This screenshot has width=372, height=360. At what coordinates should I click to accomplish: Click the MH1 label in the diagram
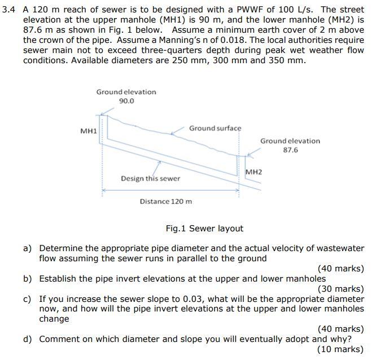click(89, 131)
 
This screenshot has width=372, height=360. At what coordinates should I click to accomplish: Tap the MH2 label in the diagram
click(254, 171)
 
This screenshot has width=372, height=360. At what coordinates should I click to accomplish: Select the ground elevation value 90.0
click(126, 101)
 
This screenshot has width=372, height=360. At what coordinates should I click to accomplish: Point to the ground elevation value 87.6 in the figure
click(290, 150)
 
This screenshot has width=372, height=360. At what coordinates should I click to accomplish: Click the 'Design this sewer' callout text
click(150, 178)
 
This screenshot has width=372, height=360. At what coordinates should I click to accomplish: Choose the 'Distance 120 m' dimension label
click(166, 201)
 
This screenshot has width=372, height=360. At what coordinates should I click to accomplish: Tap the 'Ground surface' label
click(215, 128)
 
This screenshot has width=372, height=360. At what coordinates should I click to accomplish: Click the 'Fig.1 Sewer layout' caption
click(204, 229)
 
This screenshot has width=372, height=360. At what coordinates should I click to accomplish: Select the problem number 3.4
click(10, 10)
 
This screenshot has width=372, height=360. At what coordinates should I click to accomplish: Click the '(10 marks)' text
click(340, 349)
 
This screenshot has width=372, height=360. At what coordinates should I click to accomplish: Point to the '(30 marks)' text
click(340, 289)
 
